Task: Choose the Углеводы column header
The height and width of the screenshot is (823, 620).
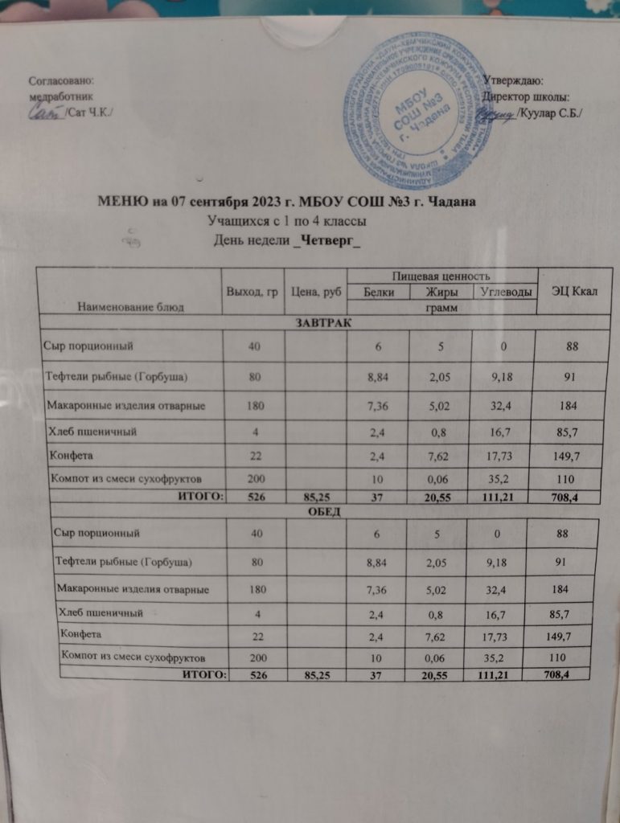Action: coord(504,293)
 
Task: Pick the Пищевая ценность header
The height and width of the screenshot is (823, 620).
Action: coord(441,276)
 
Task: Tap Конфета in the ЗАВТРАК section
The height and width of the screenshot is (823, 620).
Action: coord(72,456)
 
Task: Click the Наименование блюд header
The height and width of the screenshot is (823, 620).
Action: coord(129,306)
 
